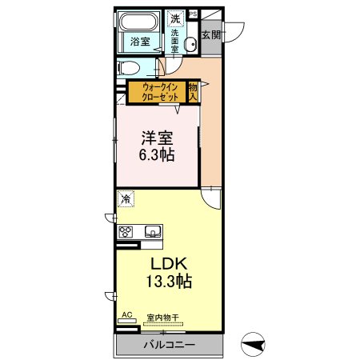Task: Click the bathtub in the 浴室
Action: [x=140, y=22]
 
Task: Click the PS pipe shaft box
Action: [x=193, y=24]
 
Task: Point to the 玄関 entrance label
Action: [x=211, y=35]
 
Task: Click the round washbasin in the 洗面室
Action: [x=188, y=44]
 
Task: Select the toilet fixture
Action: [x=130, y=67]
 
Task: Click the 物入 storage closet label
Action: [x=193, y=90]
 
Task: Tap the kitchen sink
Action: [x=153, y=232]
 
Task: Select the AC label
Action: [x=125, y=317]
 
